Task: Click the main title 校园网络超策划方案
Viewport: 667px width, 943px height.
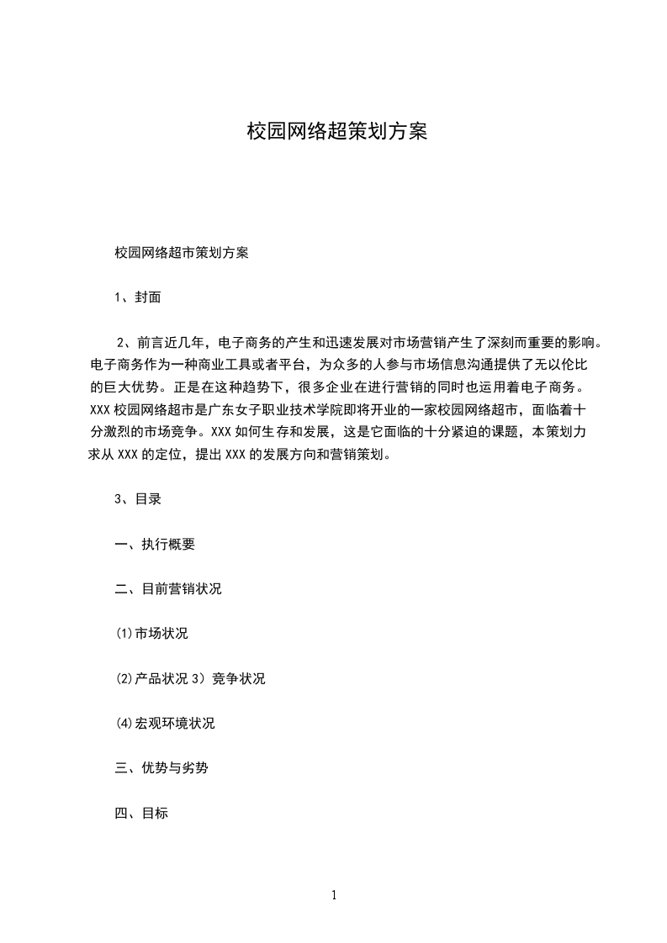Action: point(336,132)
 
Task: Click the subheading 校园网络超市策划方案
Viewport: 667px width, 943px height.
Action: point(181,252)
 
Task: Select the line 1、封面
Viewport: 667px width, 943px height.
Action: point(137,297)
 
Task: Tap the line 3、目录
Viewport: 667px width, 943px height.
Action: point(137,499)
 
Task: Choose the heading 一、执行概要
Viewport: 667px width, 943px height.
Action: point(155,544)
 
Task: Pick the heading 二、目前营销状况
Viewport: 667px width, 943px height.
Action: point(168,589)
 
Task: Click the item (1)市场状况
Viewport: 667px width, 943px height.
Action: point(151,634)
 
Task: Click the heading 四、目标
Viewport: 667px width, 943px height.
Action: point(141,813)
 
